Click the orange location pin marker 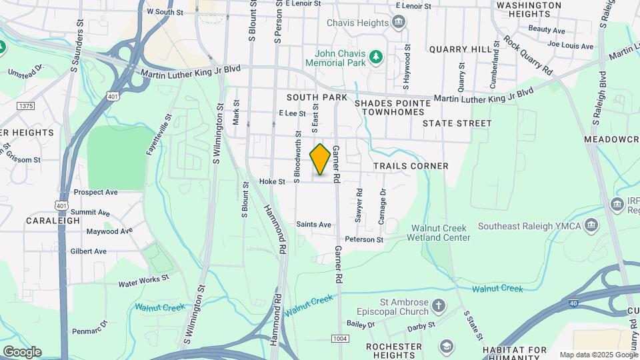[x=320, y=159]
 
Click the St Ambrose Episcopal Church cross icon [x=438, y=306]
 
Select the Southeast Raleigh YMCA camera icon [x=590, y=225]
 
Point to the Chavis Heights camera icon [x=399, y=23]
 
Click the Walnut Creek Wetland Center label [x=440, y=233]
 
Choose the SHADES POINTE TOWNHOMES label [x=389, y=108]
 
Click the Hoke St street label [x=272, y=181]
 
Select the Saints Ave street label [x=313, y=225]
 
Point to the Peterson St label [x=364, y=239]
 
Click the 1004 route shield [x=340, y=339]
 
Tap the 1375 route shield [x=26, y=106]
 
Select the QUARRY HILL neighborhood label [x=455, y=49]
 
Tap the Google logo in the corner [x=21, y=352]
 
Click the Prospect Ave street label [x=95, y=192]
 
